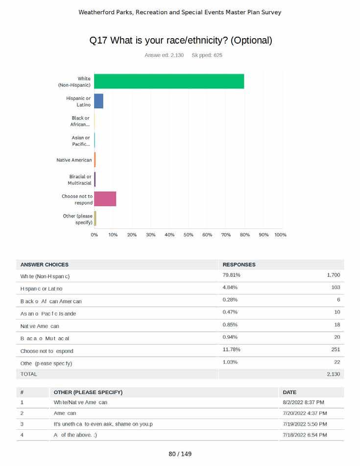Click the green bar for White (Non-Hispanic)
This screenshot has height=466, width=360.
click(x=169, y=81)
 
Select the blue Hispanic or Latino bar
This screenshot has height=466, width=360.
click(x=98, y=101)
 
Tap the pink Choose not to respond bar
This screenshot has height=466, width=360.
click(x=105, y=199)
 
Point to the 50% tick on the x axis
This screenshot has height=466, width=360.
click(x=189, y=235)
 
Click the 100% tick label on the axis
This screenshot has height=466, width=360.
click(x=280, y=235)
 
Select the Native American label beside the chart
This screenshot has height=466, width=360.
click(x=74, y=160)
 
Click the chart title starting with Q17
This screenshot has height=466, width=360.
click(x=181, y=41)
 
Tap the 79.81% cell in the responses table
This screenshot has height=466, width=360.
click(x=231, y=275)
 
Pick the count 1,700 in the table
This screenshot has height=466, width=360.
click(x=333, y=275)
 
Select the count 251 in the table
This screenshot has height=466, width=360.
click(x=335, y=350)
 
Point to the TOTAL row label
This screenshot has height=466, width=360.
click(x=28, y=374)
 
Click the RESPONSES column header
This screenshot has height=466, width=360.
click(x=239, y=265)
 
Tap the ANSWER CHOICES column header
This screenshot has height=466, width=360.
click(x=45, y=265)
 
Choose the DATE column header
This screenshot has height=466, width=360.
click(x=289, y=392)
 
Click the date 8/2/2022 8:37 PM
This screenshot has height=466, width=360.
click(x=303, y=403)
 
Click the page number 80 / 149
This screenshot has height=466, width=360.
click(x=180, y=454)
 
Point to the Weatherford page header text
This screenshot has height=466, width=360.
click(x=180, y=12)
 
